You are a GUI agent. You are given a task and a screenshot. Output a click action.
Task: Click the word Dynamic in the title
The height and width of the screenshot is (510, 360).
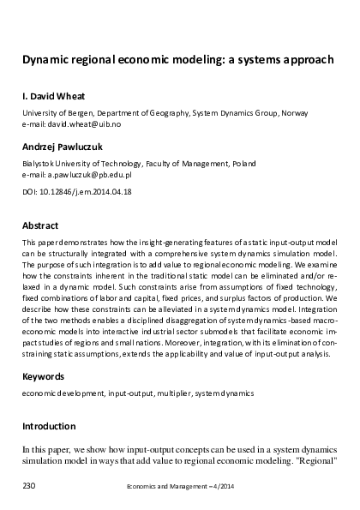click(x=46, y=61)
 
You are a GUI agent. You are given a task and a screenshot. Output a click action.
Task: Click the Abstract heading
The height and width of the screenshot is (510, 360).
click(x=42, y=226)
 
